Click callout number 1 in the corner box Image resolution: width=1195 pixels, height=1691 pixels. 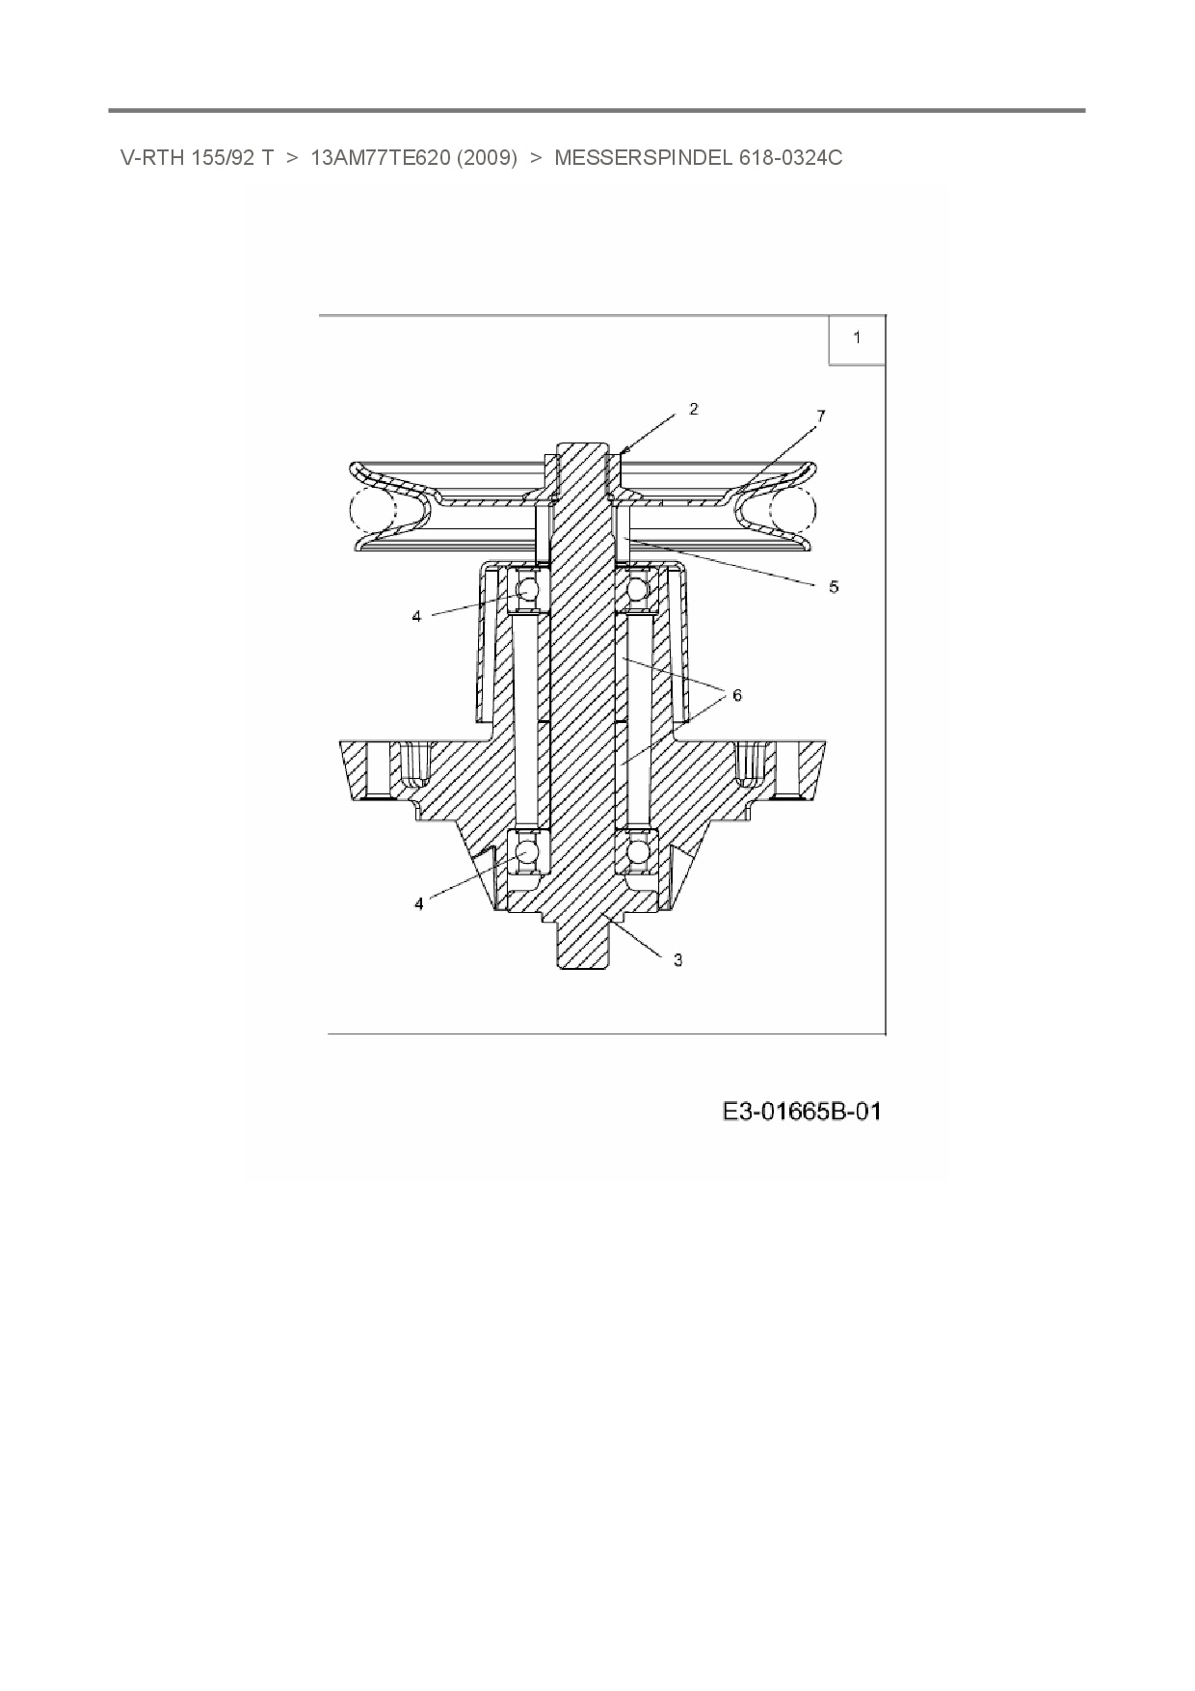(x=857, y=337)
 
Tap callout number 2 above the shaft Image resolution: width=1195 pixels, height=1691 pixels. (x=694, y=409)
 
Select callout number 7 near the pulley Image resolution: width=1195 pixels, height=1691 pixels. (x=820, y=416)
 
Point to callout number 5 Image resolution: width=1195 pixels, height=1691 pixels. (x=834, y=585)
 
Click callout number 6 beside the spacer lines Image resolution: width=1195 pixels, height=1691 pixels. (x=737, y=694)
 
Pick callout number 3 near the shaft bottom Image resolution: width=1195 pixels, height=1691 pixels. (x=678, y=959)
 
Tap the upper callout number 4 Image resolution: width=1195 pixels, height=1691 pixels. (x=417, y=615)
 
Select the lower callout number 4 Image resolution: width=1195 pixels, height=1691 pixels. (x=419, y=903)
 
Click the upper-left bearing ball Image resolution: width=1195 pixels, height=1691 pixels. (x=527, y=588)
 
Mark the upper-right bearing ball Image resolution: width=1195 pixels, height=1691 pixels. (x=636, y=588)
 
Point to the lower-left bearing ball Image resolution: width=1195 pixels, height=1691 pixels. (x=527, y=852)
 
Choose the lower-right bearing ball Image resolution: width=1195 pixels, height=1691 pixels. (x=636, y=852)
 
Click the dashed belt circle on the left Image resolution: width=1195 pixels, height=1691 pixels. (x=372, y=509)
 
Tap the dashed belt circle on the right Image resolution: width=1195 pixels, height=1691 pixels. (x=792, y=509)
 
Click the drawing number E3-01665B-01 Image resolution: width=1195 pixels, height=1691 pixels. (x=802, y=1112)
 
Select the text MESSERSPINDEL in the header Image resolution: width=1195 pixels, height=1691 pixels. (x=644, y=158)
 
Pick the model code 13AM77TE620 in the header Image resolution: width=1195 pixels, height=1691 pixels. (x=380, y=158)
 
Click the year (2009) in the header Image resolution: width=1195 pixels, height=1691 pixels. (x=488, y=158)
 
